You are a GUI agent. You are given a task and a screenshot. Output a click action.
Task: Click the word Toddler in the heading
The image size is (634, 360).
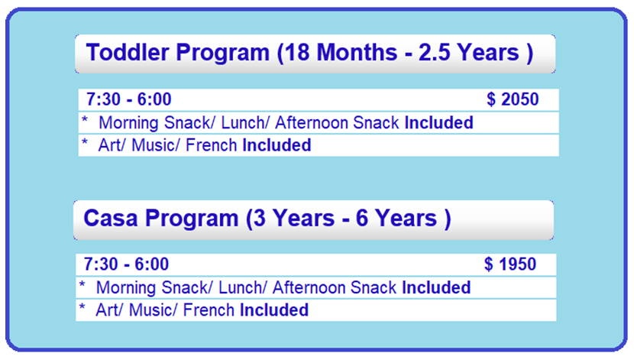(x=128, y=52)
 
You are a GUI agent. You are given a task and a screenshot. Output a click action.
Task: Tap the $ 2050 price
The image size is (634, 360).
(x=513, y=99)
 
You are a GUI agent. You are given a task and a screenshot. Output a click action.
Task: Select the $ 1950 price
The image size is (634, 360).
(x=510, y=264)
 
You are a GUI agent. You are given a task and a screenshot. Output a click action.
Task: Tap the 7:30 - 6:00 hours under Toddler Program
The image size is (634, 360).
(x=129, y=99)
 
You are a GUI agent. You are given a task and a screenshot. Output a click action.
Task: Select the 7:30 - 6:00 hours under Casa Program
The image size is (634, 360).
(x=126, y=264)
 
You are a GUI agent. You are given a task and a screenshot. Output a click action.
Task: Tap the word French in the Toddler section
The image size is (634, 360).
(x=211, y=144)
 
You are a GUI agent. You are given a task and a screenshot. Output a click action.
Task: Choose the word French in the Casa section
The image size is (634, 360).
(x=209, y=310)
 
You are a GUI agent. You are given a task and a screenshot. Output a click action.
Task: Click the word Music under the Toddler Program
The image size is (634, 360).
(x=156, y=144)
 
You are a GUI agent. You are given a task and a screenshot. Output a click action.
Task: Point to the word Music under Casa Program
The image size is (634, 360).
(x=153, y=310)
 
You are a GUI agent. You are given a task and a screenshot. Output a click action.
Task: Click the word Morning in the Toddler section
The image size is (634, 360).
(x=129, y=123)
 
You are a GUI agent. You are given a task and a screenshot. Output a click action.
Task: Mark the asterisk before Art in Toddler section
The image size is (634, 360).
(x=85, y=142)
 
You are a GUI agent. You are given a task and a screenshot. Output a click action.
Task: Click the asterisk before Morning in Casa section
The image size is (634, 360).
(x=82, y=285)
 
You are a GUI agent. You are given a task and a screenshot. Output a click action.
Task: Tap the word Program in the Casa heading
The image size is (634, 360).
(x=192, y=219)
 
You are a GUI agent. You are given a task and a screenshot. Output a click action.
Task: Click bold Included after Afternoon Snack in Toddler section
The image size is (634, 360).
(x=439, y=122)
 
